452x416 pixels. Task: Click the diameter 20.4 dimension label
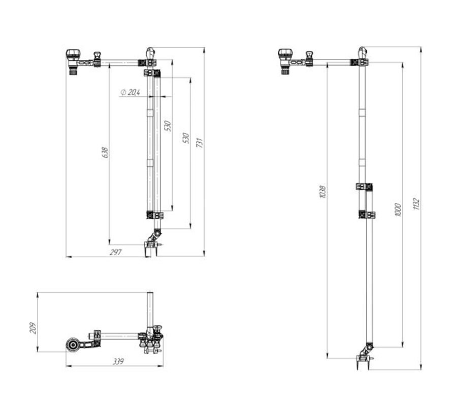tap(131, 92)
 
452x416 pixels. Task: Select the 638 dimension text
tap(105, 152)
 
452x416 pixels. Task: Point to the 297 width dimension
tap(115, 253)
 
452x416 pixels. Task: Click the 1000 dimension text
tap(398, 209)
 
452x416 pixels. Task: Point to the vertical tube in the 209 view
tap(150, 309)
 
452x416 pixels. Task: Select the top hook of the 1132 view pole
tap(362, 52)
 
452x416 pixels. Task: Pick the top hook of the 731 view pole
tap(150, 52)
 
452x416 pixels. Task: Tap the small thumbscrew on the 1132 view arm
tap(308, 55)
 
